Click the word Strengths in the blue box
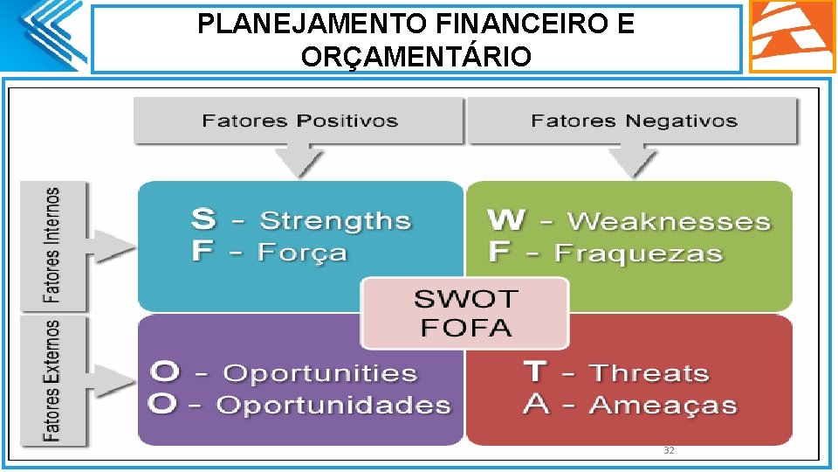pos(335,221)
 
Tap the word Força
pos(302,253)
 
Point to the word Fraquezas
pos(638,253)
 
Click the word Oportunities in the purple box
pos(320,373)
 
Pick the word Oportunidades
pos(333,406)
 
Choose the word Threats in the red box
pos(649,373)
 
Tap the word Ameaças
pos(663,406)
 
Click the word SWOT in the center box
pos(465,300)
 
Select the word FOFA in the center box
pos(465,329)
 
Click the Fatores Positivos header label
pos(299,121)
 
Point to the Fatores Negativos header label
pos(634,121)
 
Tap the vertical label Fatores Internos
pos(53,246)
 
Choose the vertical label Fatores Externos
pos(53,380)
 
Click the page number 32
pos(669,450)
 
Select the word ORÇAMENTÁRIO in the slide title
pos(416,57)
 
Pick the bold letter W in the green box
pos(506,219)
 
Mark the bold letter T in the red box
pos(535,371)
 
